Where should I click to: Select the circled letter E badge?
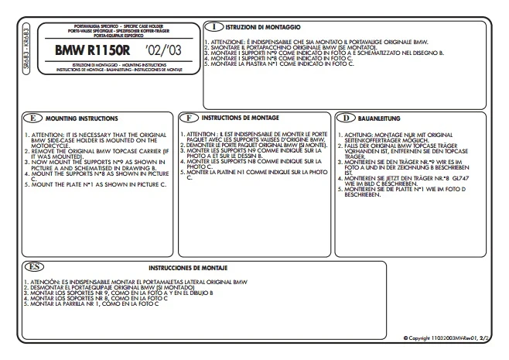(x=32, y=118)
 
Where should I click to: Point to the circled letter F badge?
(x=190, y=118)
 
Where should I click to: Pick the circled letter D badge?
(x=347, y=118)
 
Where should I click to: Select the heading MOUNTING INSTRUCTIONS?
(x=81, y=119)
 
